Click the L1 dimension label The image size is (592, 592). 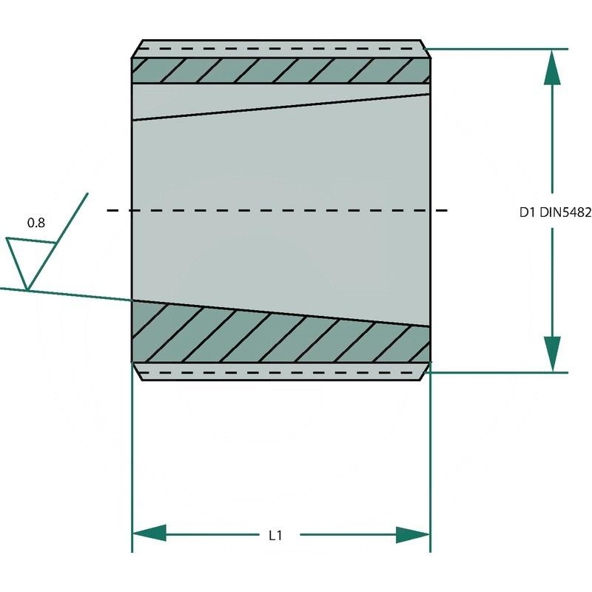(275, 534)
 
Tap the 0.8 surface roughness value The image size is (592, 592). (36, 222)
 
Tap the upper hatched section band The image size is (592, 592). (281, 70)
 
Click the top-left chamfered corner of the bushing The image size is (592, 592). (136, 49)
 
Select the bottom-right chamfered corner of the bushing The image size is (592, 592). (425, 371)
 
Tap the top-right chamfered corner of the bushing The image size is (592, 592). (425, 49)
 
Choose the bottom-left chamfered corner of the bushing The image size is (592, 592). (136, 371)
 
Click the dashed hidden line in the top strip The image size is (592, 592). (281, 49)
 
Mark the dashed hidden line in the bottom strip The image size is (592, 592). (281, 372)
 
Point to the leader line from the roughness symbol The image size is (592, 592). (74, 295)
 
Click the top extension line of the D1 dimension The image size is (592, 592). (503, 49)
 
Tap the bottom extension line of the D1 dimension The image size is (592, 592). (503, 372)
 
